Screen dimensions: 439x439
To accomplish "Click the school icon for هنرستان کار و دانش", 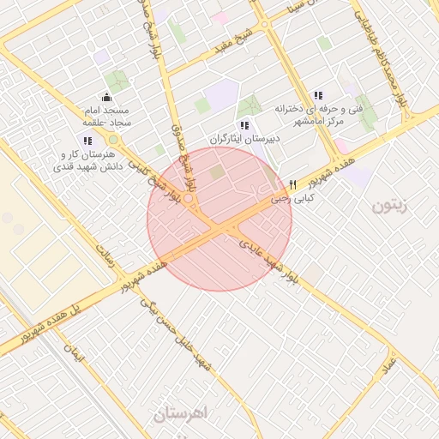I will coord(88,140).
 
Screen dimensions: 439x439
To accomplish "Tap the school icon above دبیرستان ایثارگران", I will coord(244,125).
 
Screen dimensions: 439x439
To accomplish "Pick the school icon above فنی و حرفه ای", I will coord(318,95).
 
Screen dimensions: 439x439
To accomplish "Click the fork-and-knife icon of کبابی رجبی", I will coord(293,184).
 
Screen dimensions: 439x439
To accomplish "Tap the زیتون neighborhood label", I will coord(393,207).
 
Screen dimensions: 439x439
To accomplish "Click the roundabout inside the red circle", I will coord(188,199).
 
